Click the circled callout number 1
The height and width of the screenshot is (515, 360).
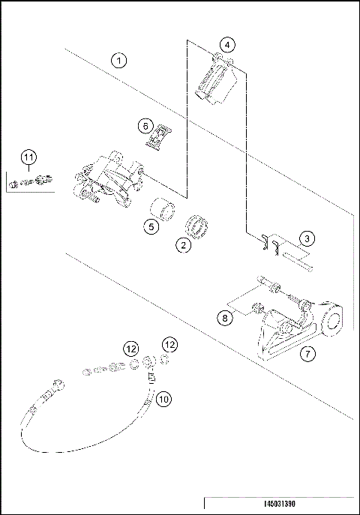pos(119,60)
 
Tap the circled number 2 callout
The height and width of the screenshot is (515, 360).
pos(181,244)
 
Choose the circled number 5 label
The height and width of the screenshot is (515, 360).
pos(151,225)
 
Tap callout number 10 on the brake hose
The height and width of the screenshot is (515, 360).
pos(164,400)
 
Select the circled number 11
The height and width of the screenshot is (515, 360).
pos(28,157)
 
